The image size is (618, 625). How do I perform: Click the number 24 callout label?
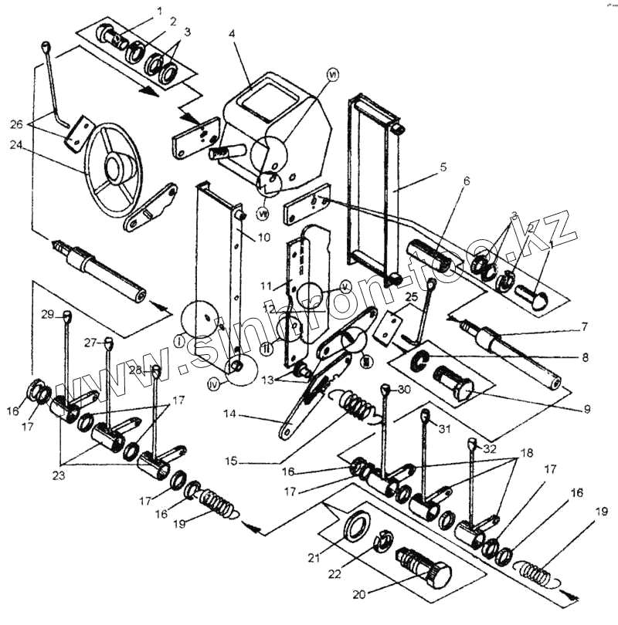click(x=15, y=144)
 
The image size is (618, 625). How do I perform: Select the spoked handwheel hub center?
click(x=120, y=167)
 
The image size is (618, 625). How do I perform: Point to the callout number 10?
click(x=264, y=238)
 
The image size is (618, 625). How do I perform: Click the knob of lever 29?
click(x=66, y=315)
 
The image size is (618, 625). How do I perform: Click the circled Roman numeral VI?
click(x=334, y=76)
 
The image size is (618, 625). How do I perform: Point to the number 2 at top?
click(x=174, y=21)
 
